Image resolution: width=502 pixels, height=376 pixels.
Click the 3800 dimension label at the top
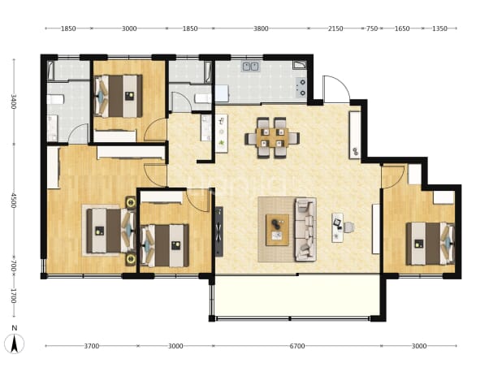(261, 28)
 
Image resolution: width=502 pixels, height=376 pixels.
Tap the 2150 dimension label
(335, 28)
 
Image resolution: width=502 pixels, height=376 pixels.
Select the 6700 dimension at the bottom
(297, 346)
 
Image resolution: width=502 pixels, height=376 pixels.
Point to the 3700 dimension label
(92, 346)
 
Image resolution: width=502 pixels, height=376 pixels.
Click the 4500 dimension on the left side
(14, 200)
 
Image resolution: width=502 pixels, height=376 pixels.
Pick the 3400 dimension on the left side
(14, 102)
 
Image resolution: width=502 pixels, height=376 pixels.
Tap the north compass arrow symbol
(14, 344)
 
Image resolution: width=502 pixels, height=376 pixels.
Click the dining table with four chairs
(272, 138)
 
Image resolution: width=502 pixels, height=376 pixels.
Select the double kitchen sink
(251, 67)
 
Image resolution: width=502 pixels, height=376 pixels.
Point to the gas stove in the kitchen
(301, 88)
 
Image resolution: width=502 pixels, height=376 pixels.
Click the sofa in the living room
(305, 229)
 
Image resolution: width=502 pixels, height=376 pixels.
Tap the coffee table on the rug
(277, 230)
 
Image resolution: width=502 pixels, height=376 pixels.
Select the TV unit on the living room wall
(219, 231)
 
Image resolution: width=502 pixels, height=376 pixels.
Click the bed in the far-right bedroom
(431, 244)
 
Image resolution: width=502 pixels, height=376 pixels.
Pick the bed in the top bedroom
(119, 96)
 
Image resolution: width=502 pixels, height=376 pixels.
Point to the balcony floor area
(297, 295)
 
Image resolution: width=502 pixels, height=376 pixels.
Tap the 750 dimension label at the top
(372, 28)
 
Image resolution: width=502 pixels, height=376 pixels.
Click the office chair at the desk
(349, 227)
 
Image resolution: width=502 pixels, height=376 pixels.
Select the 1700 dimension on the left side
(14, 296)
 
